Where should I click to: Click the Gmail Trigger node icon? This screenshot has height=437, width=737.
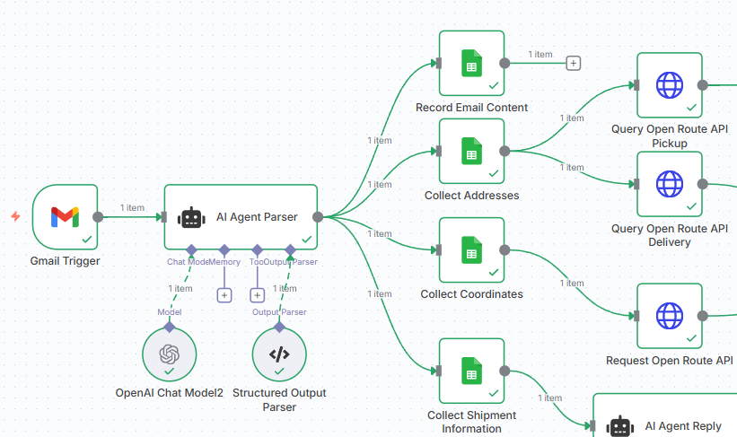point(65,216)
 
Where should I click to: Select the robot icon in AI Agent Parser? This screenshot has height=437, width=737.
point(191,217)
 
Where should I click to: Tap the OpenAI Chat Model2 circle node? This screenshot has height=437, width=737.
point(169,354)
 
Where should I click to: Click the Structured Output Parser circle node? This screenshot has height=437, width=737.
point(279,354)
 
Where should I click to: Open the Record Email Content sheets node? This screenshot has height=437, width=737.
point(471,63)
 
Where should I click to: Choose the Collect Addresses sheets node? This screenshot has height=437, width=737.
point(471,151)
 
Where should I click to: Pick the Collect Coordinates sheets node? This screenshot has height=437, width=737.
point(471,249)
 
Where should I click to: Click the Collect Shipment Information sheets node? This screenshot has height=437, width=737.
point(471,370)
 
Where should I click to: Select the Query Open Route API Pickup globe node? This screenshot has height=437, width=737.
point(670,85)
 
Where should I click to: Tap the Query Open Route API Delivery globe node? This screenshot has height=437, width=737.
point(670,184)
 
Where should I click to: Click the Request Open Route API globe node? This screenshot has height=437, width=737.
point(670,315)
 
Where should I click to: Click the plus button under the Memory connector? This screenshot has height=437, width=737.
point(224,294)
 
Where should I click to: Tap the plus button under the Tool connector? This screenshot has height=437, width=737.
point(257,294)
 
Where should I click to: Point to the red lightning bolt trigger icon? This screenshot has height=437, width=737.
point(15,216)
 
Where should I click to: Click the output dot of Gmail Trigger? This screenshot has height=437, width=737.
point(98,216)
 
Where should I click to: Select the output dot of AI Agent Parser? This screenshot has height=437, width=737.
point(318,216)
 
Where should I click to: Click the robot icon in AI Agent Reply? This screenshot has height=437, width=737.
point(620,426)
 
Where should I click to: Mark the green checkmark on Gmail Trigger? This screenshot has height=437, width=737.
point(87,240)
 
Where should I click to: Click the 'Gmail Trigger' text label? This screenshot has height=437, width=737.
point(65,261)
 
